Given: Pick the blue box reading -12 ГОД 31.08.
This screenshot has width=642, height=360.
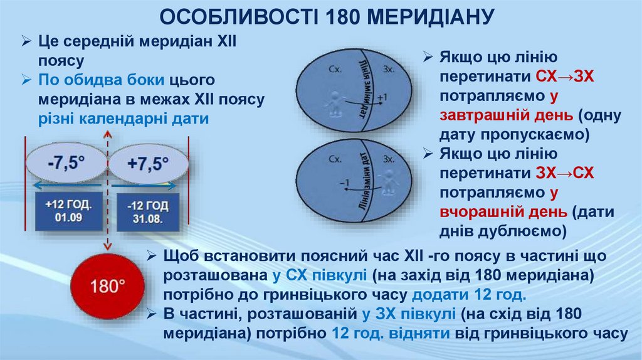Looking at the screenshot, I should (x=147, y=211).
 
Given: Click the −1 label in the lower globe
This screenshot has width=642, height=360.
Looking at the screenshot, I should (x=342, y=183).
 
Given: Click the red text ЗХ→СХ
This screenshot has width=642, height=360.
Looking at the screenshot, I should (x=565, y=172).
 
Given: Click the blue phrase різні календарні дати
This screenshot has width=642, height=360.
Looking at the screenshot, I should (x=124, y=119).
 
